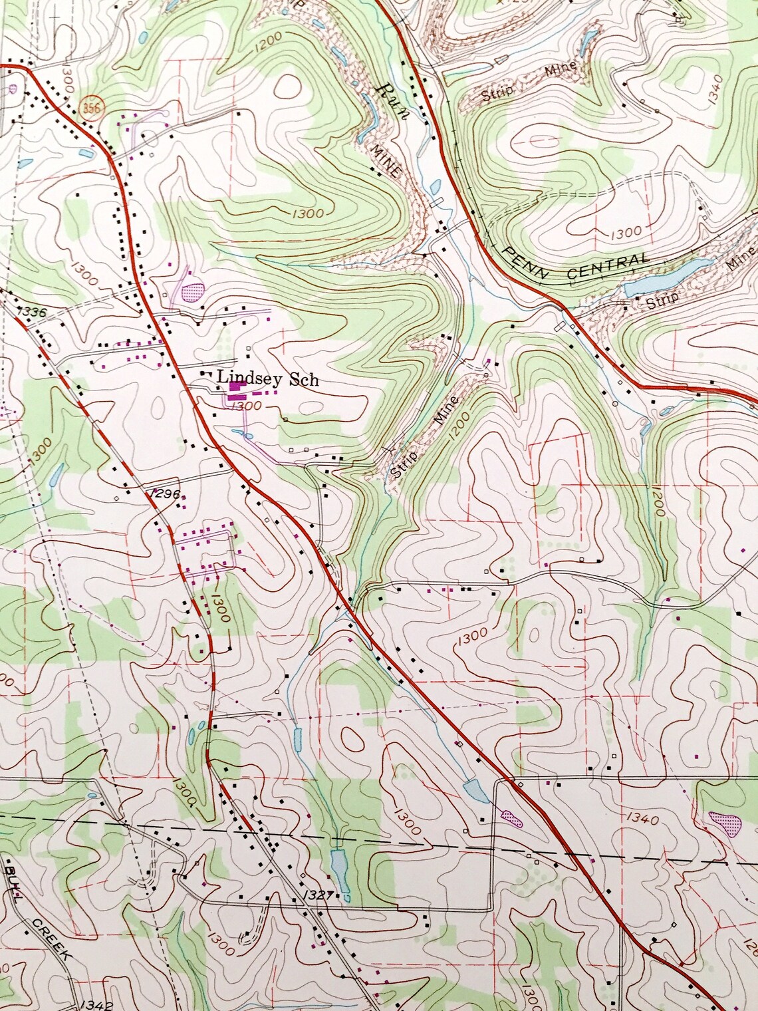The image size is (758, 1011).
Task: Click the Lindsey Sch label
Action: pyautogui.click(x=268, y=379)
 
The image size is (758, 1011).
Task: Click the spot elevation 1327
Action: pyautogui.click(x=319, y=895)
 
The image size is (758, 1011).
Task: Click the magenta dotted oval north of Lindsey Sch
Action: pyautogui.click(x=193, y=291)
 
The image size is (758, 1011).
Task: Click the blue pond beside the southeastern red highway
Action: pyautogui.click(x=477, y=790)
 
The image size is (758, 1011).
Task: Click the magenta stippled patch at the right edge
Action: pyautogui.click(x=725, y=823)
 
